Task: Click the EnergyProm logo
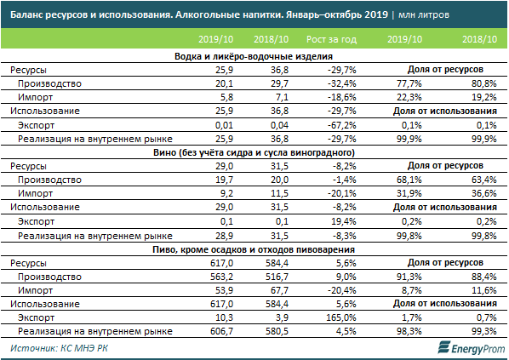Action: point(471,348)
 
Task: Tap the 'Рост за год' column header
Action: point(331,39)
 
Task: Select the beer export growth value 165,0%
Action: point(341,317)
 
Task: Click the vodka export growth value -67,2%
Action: point(342,125)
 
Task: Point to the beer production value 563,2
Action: point(221,277)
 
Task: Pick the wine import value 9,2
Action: point(226,193)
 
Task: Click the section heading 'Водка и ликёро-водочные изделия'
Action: point(254,56)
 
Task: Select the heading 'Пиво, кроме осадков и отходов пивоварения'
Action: point(254,249)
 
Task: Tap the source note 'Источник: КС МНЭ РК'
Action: point(59,348)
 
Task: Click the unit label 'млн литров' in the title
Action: point(424,15)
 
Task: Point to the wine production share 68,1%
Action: point(409,180)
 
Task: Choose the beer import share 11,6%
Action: point(484,290)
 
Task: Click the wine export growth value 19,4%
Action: point(345,221)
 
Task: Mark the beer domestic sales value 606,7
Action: point(221,331)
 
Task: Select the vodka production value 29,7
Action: point(279,83)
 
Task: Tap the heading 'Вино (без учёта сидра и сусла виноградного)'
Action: point(254,152)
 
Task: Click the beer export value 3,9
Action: point(283,317)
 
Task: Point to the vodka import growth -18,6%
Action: point(342,97)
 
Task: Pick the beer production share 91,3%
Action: point(409,277)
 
